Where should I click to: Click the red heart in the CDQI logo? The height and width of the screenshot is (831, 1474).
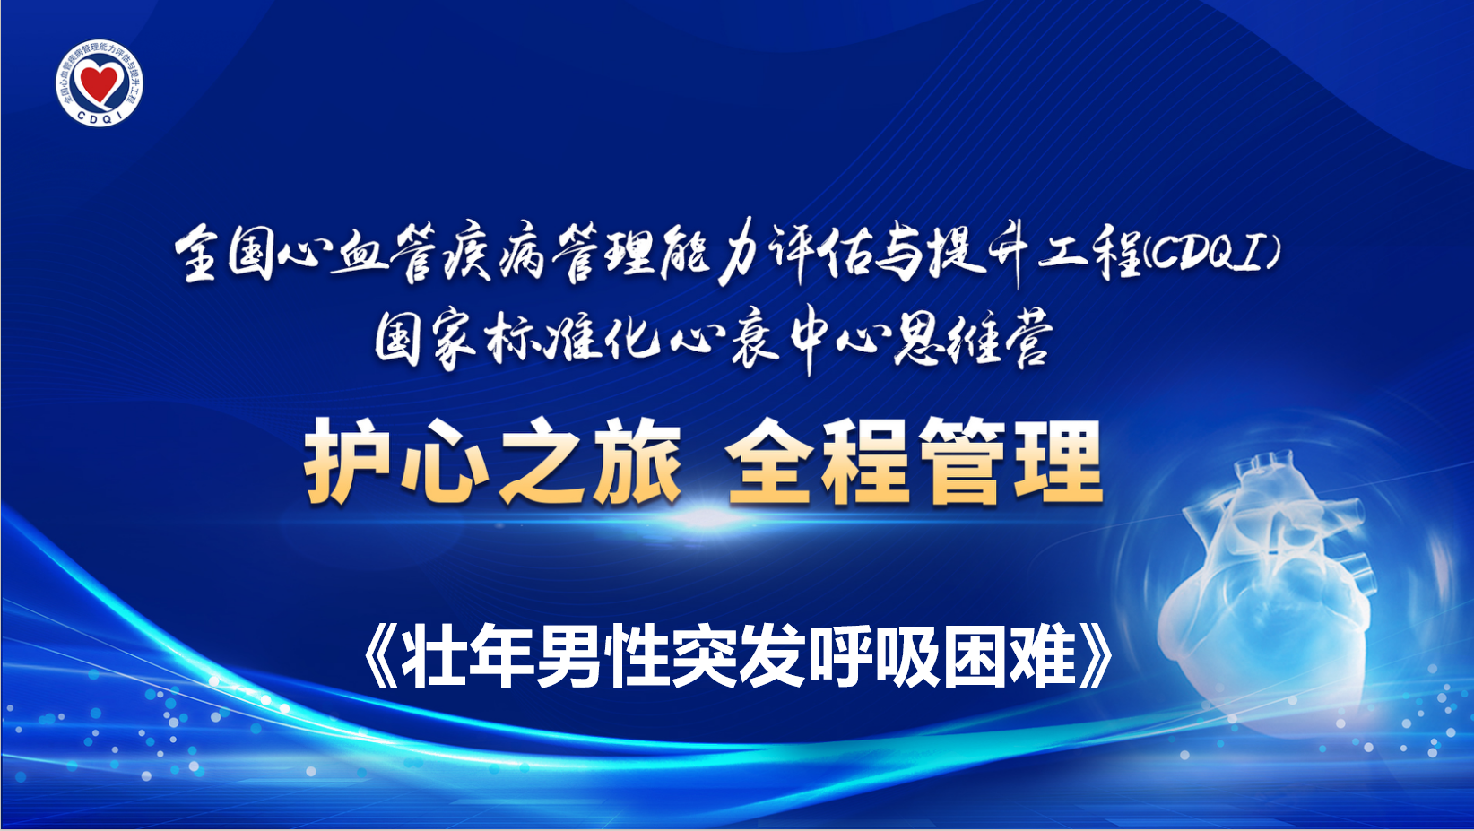pyautogui.click(x=100, y=81)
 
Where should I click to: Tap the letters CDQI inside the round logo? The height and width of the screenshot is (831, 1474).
pyautogui.click(x=100, y=117)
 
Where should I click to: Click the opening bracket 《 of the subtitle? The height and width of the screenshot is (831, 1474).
pyautogui.click(x=382, y=656)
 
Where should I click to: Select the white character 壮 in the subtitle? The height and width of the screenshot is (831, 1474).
pyautogui.click(x=434, y=656)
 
